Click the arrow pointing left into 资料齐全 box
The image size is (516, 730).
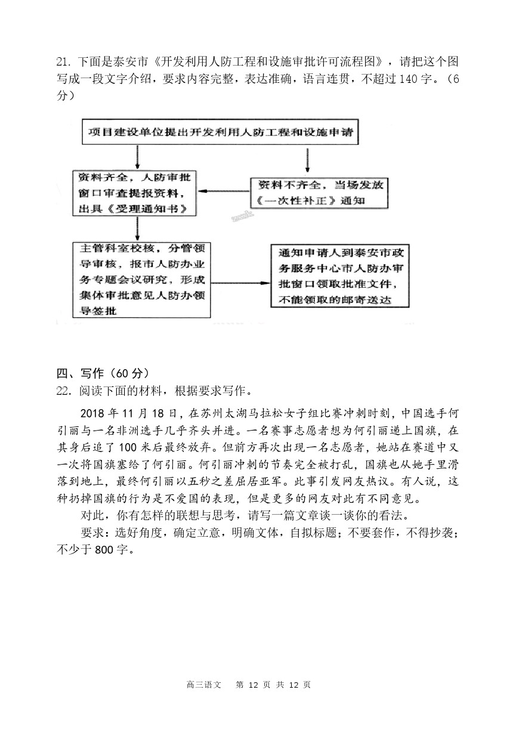(x=224, y=191)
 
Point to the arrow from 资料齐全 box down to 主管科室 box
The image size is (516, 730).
(x=138, y=227)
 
